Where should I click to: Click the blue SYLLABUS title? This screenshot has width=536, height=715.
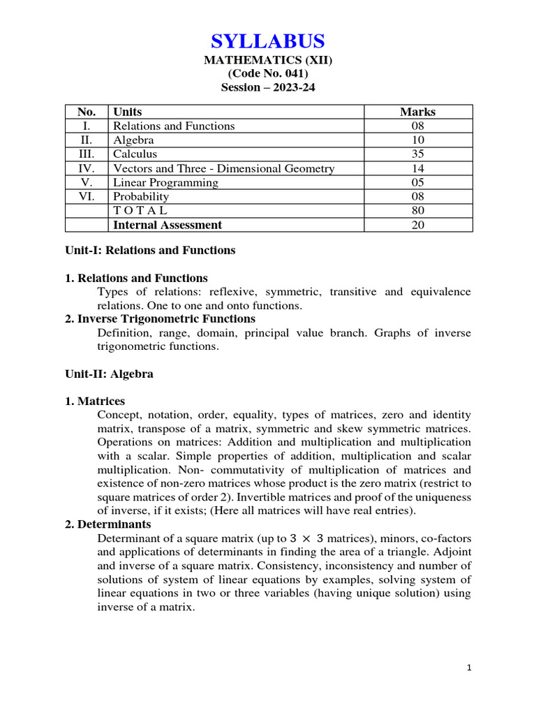[x=268, y=40]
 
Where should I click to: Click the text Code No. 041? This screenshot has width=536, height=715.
[x=268, y=74]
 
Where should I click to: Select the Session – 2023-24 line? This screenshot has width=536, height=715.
[x=268, y=88]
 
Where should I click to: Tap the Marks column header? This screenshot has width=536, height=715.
[x=417, y=112]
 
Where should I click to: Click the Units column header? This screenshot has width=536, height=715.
[x=127, y=112]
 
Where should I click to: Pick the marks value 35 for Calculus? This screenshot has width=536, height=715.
[x=417, y=154]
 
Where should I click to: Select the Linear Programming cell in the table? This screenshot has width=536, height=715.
[x=165, y=182]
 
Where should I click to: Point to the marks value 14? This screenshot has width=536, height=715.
[x=417, y=168]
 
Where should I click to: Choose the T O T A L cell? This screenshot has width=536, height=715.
[x=140, y=210]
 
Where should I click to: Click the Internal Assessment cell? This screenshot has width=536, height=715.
[x=167, y=225]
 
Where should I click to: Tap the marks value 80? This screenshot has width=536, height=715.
[x=417, y=210]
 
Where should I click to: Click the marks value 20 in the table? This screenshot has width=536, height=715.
[x=417, y=225]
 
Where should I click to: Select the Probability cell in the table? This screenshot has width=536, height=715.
[x=141, y=196]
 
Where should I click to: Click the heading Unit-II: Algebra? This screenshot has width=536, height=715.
[x=109, y=374]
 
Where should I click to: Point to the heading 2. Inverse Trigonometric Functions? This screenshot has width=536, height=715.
[x=161, y=319]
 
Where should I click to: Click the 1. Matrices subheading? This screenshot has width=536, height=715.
[x=95, y=401]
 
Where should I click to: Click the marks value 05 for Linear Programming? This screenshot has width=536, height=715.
[x=417, y=182]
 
